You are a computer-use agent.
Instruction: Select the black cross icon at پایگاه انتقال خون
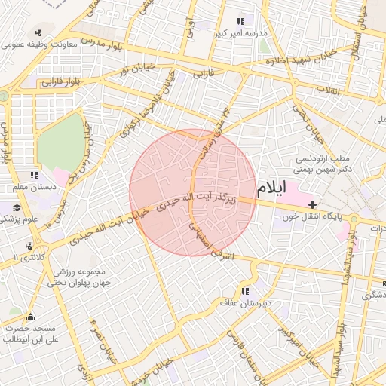click(x=313, y=204)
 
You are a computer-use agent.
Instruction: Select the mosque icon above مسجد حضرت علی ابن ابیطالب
click(x=30, y=317)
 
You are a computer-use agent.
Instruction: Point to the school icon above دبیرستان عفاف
click(x=245, y=291)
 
